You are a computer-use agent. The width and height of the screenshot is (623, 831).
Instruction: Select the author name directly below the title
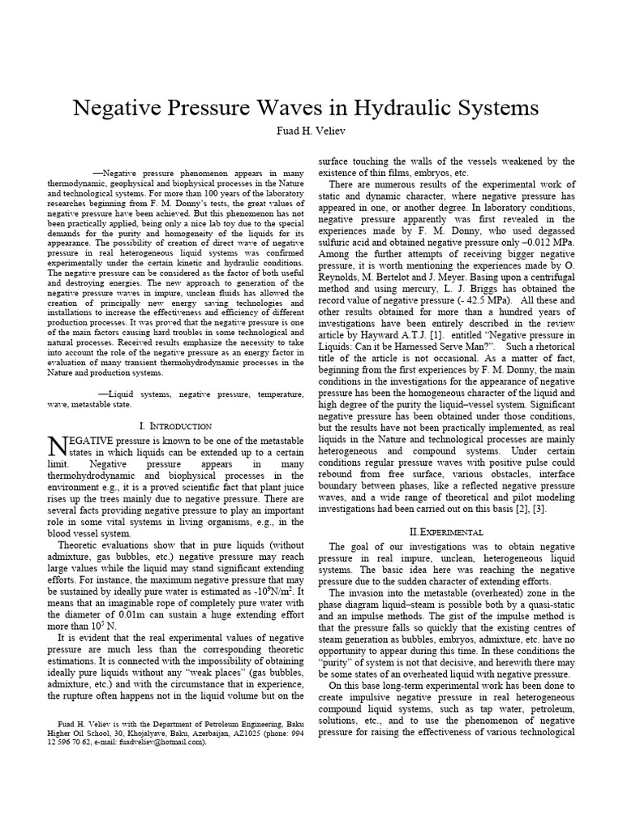[311, 130]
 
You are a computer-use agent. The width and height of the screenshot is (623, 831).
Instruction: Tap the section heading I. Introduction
[176, 425]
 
